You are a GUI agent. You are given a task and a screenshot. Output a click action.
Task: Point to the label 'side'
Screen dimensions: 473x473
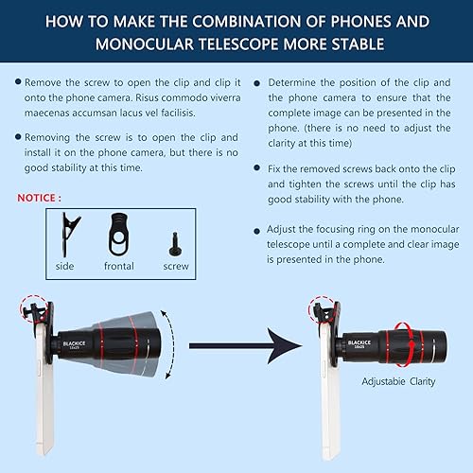point(64,266)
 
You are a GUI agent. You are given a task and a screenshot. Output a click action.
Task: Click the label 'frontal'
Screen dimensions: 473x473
point(118,266)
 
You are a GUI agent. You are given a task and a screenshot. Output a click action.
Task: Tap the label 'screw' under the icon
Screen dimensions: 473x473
point(176,266)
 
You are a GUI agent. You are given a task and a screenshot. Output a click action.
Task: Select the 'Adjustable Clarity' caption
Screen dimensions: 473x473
point(392,381)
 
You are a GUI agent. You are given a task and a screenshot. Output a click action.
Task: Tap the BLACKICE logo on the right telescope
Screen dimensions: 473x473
point(360,344)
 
